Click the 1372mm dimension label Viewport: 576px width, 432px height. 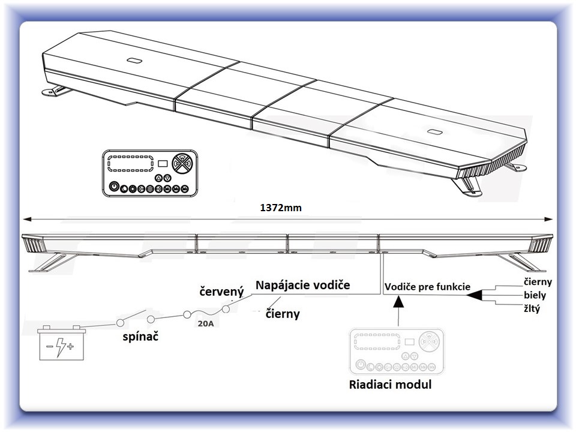pos(281,208)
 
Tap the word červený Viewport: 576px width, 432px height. pos(221,292)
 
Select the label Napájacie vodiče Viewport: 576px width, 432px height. pos(302,286)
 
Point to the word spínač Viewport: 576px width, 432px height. pos(140,337)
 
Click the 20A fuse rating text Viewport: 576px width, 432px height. pos(205,323)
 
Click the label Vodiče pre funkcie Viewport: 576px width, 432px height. pos(427,287)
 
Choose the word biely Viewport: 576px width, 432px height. pos(535,295)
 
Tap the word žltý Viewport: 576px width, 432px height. pos(532,308)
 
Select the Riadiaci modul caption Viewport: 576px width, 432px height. pos(390,385)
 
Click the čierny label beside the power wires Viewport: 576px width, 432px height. pos(283,314)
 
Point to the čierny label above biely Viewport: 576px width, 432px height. pos(538,282)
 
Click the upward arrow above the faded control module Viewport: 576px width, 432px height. pos(398,311)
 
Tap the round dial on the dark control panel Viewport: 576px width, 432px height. pos(182,163)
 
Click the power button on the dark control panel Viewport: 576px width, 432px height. pos(114,187)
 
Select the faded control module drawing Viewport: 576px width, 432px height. pos(397,352)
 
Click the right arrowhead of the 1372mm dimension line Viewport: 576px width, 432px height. pos(548,220)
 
